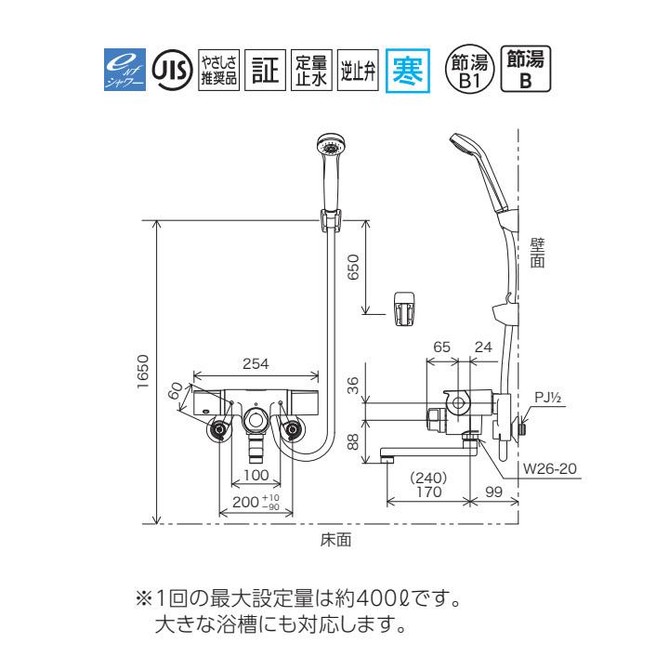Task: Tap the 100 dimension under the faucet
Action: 255,475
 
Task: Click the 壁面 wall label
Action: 537,253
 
